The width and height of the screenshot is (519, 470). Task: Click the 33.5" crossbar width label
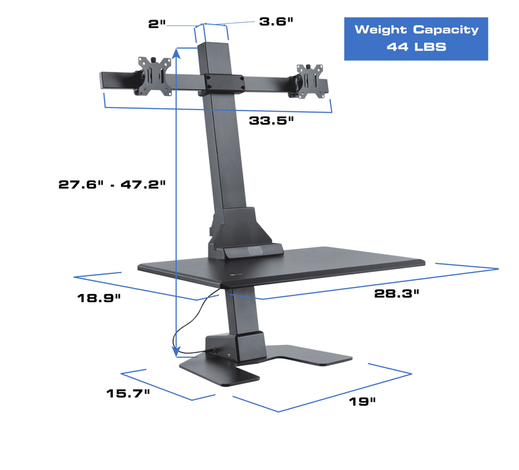pyautogui.click(x=272, y=121)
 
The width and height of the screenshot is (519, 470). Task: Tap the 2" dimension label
pyautogui.click(x=157, y=23)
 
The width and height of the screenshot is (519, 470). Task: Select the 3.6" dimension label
pyautogui.click(x=276, y=21)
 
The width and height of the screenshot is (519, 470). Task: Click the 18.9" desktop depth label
pyautogui.click(x=98, y=298)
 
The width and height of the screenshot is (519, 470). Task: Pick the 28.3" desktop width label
pyautogui.click(x=397, y=293)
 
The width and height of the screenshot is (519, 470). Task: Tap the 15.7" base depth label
pyautogui.click(x=128, y=393)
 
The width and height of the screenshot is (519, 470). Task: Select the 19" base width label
pyautogui.click(x=362, y=402)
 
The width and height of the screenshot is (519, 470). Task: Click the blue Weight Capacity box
pyautogui.click(x=416, y=39)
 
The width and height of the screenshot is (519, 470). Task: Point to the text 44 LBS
pyautogui.click(x=416, y=48)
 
